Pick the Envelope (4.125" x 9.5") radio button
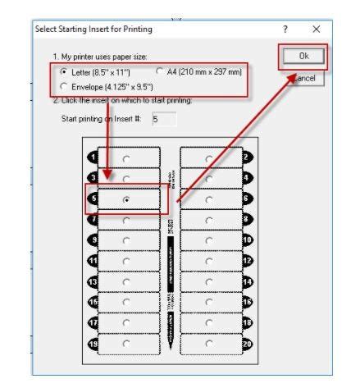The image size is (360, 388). pyautogui.click(x=52, y=84)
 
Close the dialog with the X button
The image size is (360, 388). pyautogui.click(x=317, y=30)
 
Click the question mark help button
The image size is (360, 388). pyautogui.click(x=285, y=30)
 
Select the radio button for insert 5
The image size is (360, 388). pyautogui.click(x=125, y=199)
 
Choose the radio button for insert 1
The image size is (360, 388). pyautogui.click(x=125, y=157)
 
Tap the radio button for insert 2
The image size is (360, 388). pyautogui.click(x=210, y=157)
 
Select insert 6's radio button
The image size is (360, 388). pyautogui.click(x=210, y=199)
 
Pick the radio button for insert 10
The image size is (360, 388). pyautogui.click(x=210, y=240)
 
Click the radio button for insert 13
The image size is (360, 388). pyautogui.click(x=125, y=281)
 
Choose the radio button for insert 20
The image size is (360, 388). pyautogui.click(x=210, y=344)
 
